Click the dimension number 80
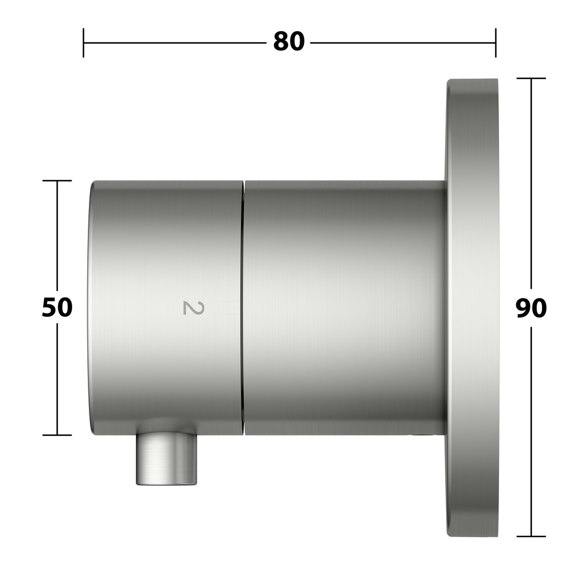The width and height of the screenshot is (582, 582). click(x=289, y=41)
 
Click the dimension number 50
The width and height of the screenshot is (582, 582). click(x=57, y=307)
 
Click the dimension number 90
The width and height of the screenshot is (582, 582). click(x=531, y=308)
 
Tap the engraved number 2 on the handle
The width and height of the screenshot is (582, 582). click(x=194, y=308)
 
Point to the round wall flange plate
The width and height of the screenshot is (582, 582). click(x=472, y=308)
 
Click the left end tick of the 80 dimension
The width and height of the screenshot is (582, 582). click(x=84, y=43)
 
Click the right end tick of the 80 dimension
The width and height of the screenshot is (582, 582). click(x=496, y=43)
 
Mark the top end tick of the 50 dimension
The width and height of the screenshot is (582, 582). click(x=57, y=181)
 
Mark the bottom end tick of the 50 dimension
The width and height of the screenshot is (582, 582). click(x=57, y=435)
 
